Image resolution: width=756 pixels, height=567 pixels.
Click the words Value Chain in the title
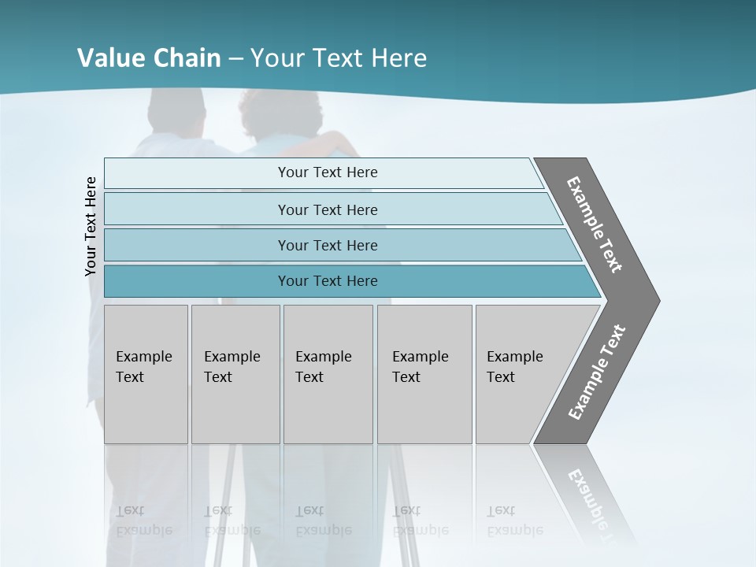pyautogui.click(x=149, y=57)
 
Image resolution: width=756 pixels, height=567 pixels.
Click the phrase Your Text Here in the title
pyautogui.click(x=338, y=57)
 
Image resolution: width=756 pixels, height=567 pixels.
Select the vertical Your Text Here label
pyautogui.click(x=91, y=226)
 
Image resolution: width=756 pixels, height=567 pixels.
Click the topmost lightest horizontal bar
pyautogui.click(x=327, y=172)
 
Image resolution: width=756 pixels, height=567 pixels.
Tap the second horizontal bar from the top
pyautogui.click(x=327, y=209)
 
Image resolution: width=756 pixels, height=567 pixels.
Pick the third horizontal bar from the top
pyautogui.click(x=327, y=245)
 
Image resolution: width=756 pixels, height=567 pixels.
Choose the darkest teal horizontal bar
pyautogui.click(x=327, y=281)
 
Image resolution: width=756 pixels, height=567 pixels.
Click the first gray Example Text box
pyautogui.click(x=146, y=374)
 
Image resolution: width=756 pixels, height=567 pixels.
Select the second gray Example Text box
pyautogui.click(x=235, y=374)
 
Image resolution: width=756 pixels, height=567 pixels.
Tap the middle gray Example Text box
pyautogui.click(x=328, y=374)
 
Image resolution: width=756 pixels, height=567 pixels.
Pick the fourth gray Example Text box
pyautogui.click(x=424, y=374)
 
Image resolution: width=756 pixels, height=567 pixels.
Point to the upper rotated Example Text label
pyautogui.click(x=595, y=224)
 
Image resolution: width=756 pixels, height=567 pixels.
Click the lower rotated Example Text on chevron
pyautogui.click(x=596, y=372)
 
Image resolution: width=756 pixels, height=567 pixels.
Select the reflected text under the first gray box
pyautogui.click(x=143, y=521)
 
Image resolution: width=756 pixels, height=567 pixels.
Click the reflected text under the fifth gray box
pyautogui.click(x=514, y=521)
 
